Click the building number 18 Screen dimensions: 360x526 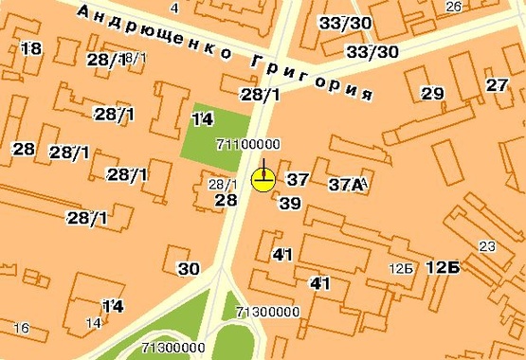(30, 49)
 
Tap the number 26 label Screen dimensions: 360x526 (453, 8)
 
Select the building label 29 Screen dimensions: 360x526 (432, 94)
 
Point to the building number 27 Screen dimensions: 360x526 (498, 85)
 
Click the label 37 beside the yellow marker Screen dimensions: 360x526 (298, 179)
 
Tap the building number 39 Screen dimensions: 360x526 (290, 204)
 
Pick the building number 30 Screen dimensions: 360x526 (189, 268)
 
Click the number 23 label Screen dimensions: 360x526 (487, 247)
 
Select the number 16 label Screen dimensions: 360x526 (21, 328)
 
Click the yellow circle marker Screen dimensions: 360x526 (263, 179)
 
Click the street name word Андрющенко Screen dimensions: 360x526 (152, 31)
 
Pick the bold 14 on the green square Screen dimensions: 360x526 (202, 119)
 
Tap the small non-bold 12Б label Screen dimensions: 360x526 (401, 269)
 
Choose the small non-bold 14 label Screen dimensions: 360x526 (94, 323)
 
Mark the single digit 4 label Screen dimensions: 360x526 (174, 8)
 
